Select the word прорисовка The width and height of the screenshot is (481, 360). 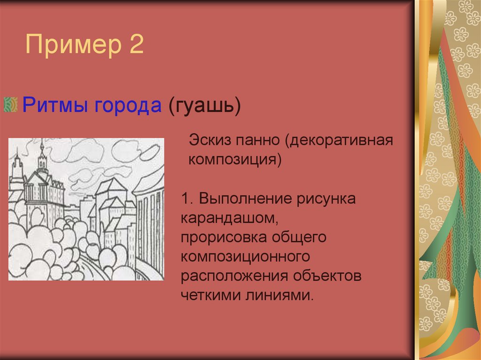[222, 237]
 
